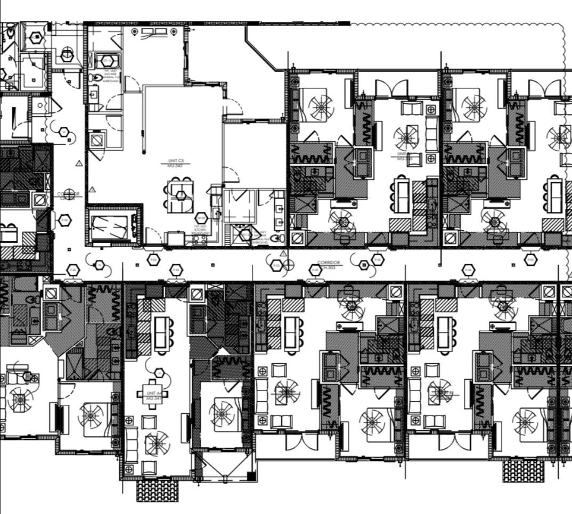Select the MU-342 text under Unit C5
point(176,166)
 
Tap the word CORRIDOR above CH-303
point(328,263)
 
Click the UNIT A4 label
point(153,393)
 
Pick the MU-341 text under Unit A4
point(153,398)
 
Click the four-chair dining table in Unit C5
point(180,195)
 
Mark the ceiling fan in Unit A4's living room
point(157,443)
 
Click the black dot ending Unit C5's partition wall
point(143,153)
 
